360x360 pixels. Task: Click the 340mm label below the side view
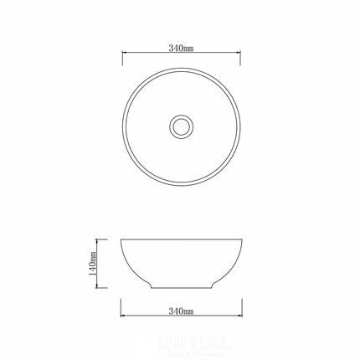click(x=180, y=311)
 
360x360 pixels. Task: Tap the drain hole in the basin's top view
click(x=180, y=126)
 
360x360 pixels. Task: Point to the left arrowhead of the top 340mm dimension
click(x=121, y=56)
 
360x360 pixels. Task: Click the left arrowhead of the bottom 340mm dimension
click(x=121, y=317)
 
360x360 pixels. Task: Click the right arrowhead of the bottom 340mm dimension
click(x=239, y=317)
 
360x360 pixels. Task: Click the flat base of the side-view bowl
click(x=180, y=289)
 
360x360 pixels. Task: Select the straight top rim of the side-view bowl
click(x=180, y=240)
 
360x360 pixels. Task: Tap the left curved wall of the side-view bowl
click(x=131, y=266)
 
